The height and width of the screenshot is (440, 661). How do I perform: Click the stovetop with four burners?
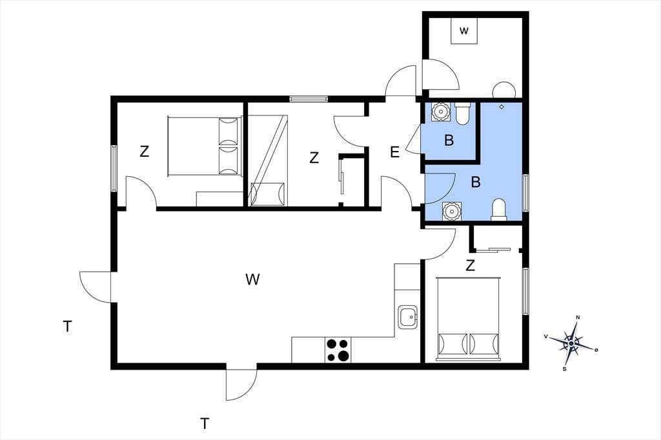pyautogui.click(x=338, y=350)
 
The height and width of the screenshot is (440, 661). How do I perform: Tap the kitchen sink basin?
pyautogui.click(x=408, y=317)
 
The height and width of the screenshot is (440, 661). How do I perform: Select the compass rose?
pyautogui.click(x=571, y=343)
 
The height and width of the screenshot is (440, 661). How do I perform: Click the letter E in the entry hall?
pyautogui.click(x=394, y=152)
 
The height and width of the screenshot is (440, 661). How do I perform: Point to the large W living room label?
pyautogui.click(x=252, y=279)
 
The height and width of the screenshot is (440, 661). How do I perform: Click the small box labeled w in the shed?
pyautogui.click(x=464, y=31)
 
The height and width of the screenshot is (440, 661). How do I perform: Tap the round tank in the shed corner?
pyautogui.click(x=504, y=90)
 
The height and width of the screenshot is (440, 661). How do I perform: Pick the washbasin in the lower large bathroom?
pyautogui.click(x=451, y=211)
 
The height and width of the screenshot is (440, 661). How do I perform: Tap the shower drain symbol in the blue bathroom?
pyautogui.click(x=501, y=106)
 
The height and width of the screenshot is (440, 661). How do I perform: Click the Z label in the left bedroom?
pyautogui.click(x=144, y=152)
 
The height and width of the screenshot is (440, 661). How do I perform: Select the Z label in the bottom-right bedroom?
pyautogui.click(x=471, y=266)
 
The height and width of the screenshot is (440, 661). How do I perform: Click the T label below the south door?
pyautogui.click(x=205, y=423)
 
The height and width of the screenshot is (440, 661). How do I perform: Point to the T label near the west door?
pyautogui.click(x=67, y=326)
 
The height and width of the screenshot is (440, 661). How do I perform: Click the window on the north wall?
pyautogui.click(x=308, y=99)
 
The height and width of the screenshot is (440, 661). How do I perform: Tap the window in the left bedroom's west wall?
pyautogui.click(x=114, y=168)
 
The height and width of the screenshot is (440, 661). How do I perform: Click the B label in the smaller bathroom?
pyautogui.click(x=449, y=141)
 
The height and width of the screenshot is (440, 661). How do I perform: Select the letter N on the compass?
pyautogui.click(x=578, y=317)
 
